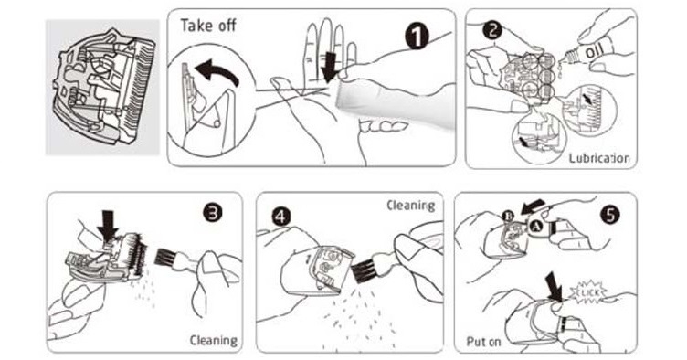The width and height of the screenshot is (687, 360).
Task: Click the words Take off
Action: (208, 26)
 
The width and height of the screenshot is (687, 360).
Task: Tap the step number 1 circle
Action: (419, 37)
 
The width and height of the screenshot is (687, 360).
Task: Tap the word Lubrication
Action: (599, 158)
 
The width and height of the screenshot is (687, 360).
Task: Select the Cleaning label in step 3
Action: (213, 340)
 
